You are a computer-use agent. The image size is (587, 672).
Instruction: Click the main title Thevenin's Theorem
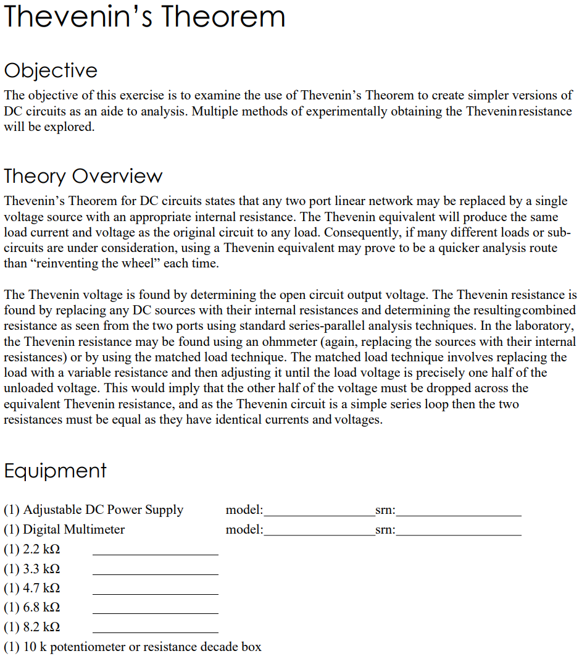[144, 17]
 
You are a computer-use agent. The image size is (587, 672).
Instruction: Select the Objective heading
[51, 70]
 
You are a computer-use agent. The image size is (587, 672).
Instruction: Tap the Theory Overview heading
[83, 176]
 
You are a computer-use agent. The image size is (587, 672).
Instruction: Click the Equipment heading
[55, 471]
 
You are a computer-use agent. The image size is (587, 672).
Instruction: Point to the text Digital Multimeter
[73, 529]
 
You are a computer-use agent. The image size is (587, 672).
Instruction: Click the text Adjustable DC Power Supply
[102, 510]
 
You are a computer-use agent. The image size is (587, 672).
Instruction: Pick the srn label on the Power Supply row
[385, 510]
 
